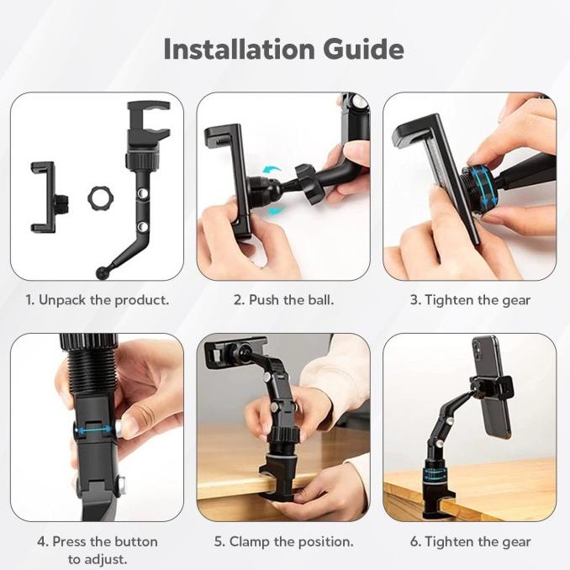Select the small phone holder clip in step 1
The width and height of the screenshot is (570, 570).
pyautogui.click(x=44, y=197)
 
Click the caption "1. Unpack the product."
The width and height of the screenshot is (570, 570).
pyautogui.click(x=97, y=300)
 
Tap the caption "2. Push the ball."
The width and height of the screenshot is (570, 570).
pyautogui.click(x=283, y=300)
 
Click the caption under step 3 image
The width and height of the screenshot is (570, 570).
pyautogui.click(x=470, y=300)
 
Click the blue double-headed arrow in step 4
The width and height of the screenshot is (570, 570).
pyautogui.click(x=98, y=429)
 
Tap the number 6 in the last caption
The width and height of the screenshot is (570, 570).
pyautogui.click(x=414, y=541)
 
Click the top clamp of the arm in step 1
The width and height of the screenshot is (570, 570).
pyautogui.click(x=148, y=124)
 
